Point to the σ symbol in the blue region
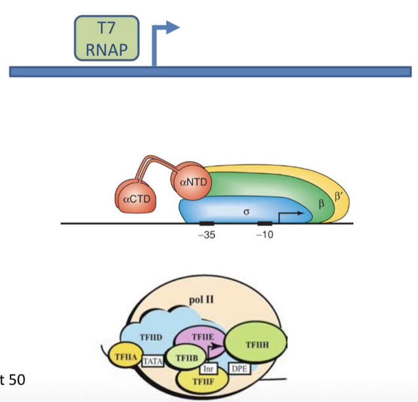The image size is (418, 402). tap(245, 212)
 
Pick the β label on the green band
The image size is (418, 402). tap(321, 202)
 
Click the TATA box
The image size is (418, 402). tap(152, 361)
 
